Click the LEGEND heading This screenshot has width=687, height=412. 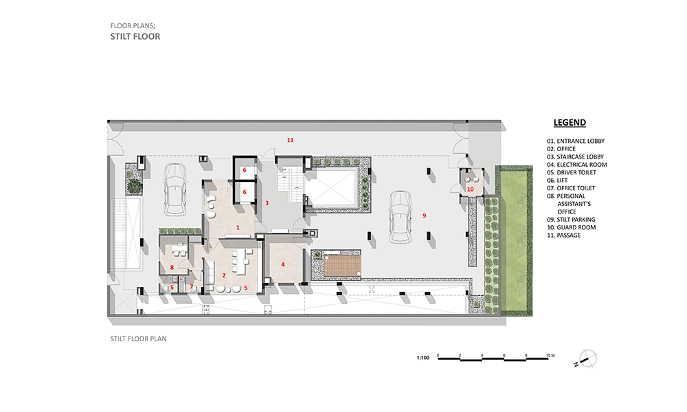[570, 123]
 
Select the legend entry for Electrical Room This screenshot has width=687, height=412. [576, 165]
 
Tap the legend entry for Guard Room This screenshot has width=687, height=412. [572, 227]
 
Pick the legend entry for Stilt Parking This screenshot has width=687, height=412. [571, 219]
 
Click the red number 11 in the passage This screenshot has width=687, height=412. [290, 140]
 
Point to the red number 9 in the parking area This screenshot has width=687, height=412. [424, 216]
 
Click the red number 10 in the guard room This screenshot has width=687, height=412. [470, 189]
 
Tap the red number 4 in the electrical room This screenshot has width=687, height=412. [282, 264]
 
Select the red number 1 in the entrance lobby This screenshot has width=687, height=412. [238, 227]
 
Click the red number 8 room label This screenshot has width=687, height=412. [172, 267]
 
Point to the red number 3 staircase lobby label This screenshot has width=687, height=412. [267, 203]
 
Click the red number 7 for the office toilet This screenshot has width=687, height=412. [191, 287]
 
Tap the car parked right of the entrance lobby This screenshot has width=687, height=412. [401, 216]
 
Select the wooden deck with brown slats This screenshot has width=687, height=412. [343, 266]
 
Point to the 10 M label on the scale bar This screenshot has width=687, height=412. [550, 356]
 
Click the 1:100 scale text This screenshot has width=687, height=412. [423, 358]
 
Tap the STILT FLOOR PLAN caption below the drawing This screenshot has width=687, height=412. [139, 339]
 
